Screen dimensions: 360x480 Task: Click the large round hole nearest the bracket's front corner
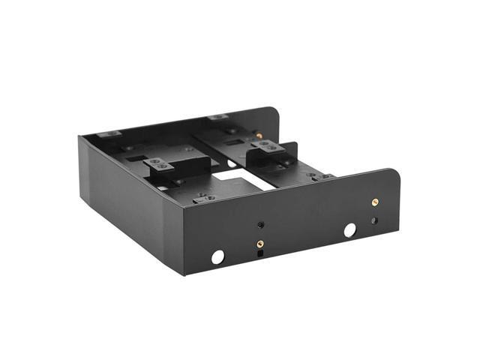(217, 256)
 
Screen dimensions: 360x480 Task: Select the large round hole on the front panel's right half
(349, 230)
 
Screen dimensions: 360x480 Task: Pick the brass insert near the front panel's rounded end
(374, 202)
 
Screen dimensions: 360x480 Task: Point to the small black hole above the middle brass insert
(260, 224)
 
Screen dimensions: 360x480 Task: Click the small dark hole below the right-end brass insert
(374, 221)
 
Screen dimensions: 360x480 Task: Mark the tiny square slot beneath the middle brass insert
(259, 253)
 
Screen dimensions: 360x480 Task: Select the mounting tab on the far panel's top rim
(217, 117)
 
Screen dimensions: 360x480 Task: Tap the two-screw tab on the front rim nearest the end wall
(203, 197)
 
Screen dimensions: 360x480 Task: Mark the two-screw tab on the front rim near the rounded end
(326, 177)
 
